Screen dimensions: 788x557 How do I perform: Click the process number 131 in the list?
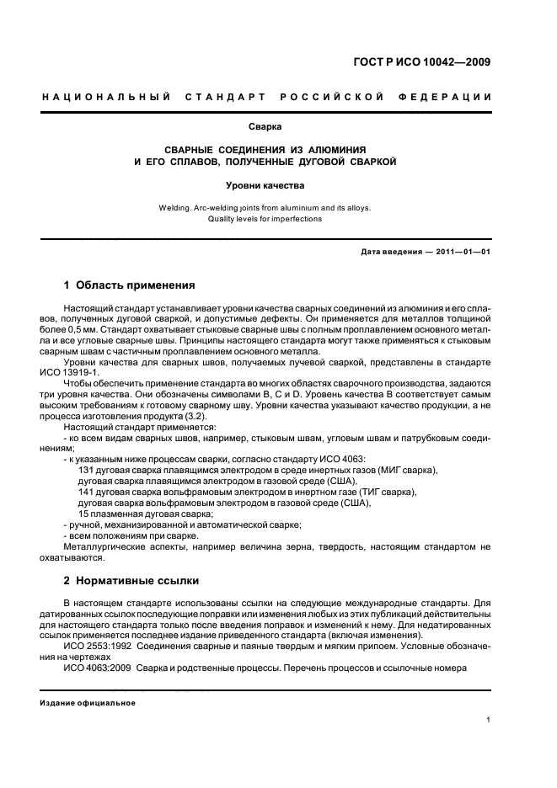tap(87, 470)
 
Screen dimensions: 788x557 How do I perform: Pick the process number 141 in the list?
tap(87, 492)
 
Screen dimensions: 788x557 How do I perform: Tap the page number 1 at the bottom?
tap(489, 720)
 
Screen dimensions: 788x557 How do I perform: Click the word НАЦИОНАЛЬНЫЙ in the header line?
tap(95, 97)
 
